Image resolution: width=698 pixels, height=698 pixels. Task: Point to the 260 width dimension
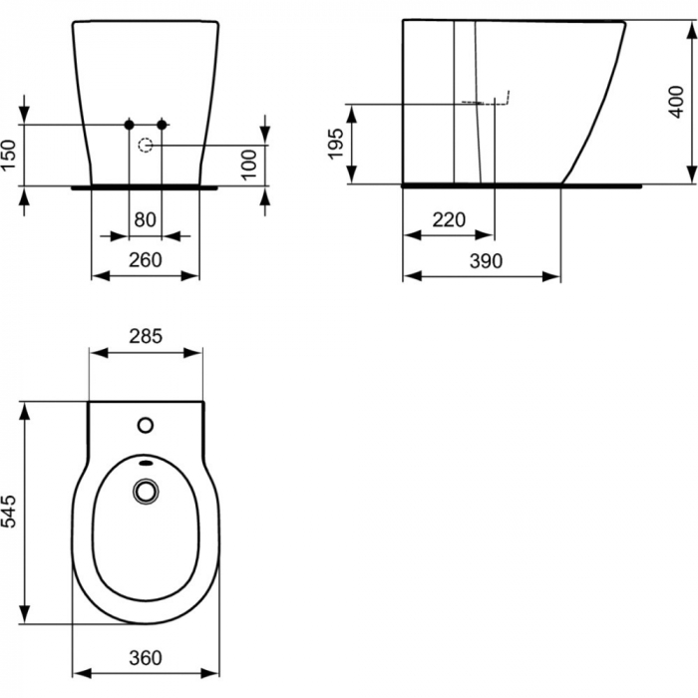147,260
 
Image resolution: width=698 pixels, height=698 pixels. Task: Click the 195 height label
336,144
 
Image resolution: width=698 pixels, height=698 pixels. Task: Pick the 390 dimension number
483,260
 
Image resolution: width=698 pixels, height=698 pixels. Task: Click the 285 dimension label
147,336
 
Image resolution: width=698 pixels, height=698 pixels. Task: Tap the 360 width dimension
147,659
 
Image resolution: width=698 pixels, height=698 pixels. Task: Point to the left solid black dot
128,124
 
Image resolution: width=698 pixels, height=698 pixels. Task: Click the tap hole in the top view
147,426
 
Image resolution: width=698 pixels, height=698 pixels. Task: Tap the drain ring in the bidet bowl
147,491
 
